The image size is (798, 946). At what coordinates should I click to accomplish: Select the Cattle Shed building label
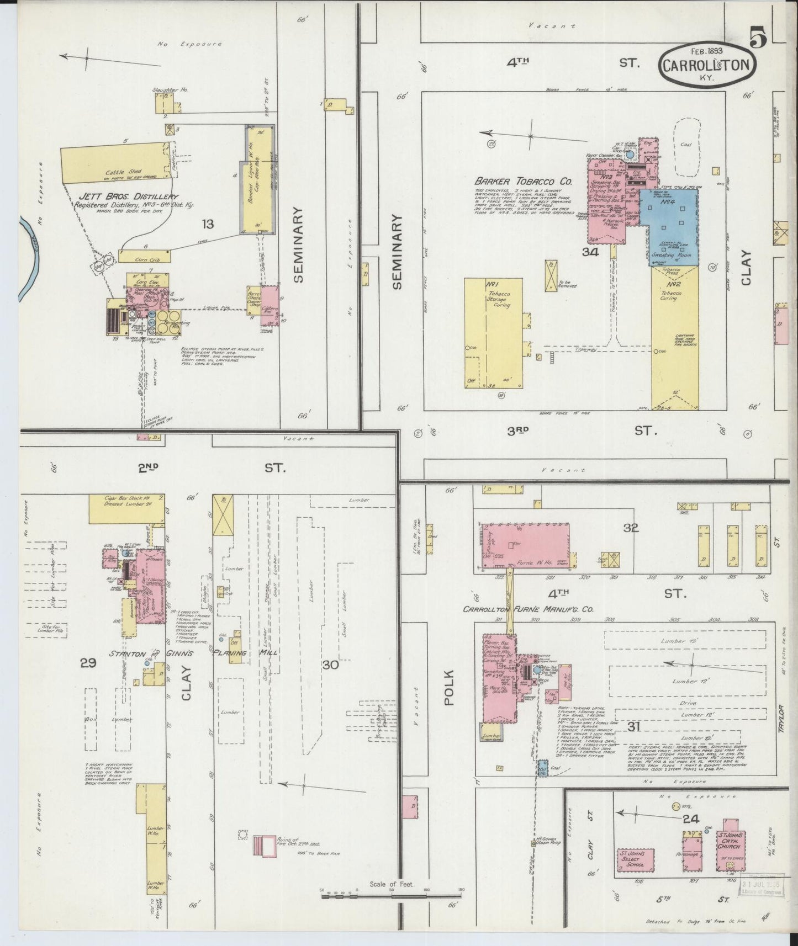point(121,172)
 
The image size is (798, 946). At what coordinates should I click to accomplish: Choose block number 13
point(208,224)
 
